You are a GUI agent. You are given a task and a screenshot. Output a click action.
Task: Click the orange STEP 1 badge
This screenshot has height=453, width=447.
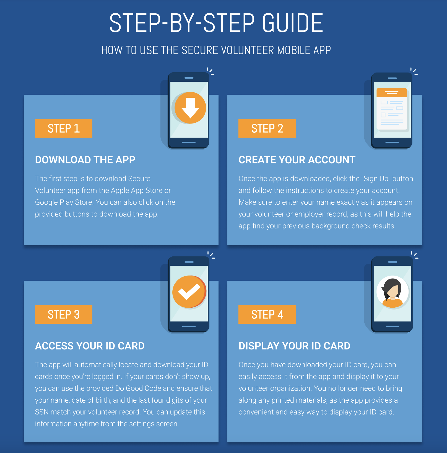(x=63, y=128)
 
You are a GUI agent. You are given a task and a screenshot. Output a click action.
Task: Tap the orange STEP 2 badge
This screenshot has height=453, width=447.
(x=267, y=128)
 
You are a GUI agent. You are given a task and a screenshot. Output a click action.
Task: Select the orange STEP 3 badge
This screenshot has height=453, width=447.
(x=63, y=315)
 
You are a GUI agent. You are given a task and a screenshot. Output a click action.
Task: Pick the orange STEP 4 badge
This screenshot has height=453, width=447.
(x=267, y=315)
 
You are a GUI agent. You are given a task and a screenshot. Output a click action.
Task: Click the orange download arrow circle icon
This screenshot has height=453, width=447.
(x=190, y=108)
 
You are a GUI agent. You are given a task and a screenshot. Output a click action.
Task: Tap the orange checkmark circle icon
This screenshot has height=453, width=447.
(x=189, y=292)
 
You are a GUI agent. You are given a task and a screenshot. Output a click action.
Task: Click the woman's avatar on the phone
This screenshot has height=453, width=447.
(x=393, y=292)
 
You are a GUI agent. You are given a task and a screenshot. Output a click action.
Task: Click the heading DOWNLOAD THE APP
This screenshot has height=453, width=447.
(x=85, y=160)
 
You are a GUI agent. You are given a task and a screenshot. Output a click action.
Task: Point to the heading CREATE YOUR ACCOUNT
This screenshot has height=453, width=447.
(x=297, y=160)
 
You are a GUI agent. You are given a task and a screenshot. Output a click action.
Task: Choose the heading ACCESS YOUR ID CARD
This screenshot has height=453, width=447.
(x=90, y=346)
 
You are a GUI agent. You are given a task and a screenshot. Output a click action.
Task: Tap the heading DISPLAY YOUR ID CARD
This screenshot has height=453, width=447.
(x=294, y=346)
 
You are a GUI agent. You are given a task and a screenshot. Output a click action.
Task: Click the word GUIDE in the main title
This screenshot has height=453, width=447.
(x=292, y=23)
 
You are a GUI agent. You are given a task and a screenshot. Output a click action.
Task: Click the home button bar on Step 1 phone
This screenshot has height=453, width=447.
(x=189, y=142)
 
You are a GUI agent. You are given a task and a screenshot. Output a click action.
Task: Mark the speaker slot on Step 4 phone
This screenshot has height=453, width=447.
(x=393, y=262)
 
